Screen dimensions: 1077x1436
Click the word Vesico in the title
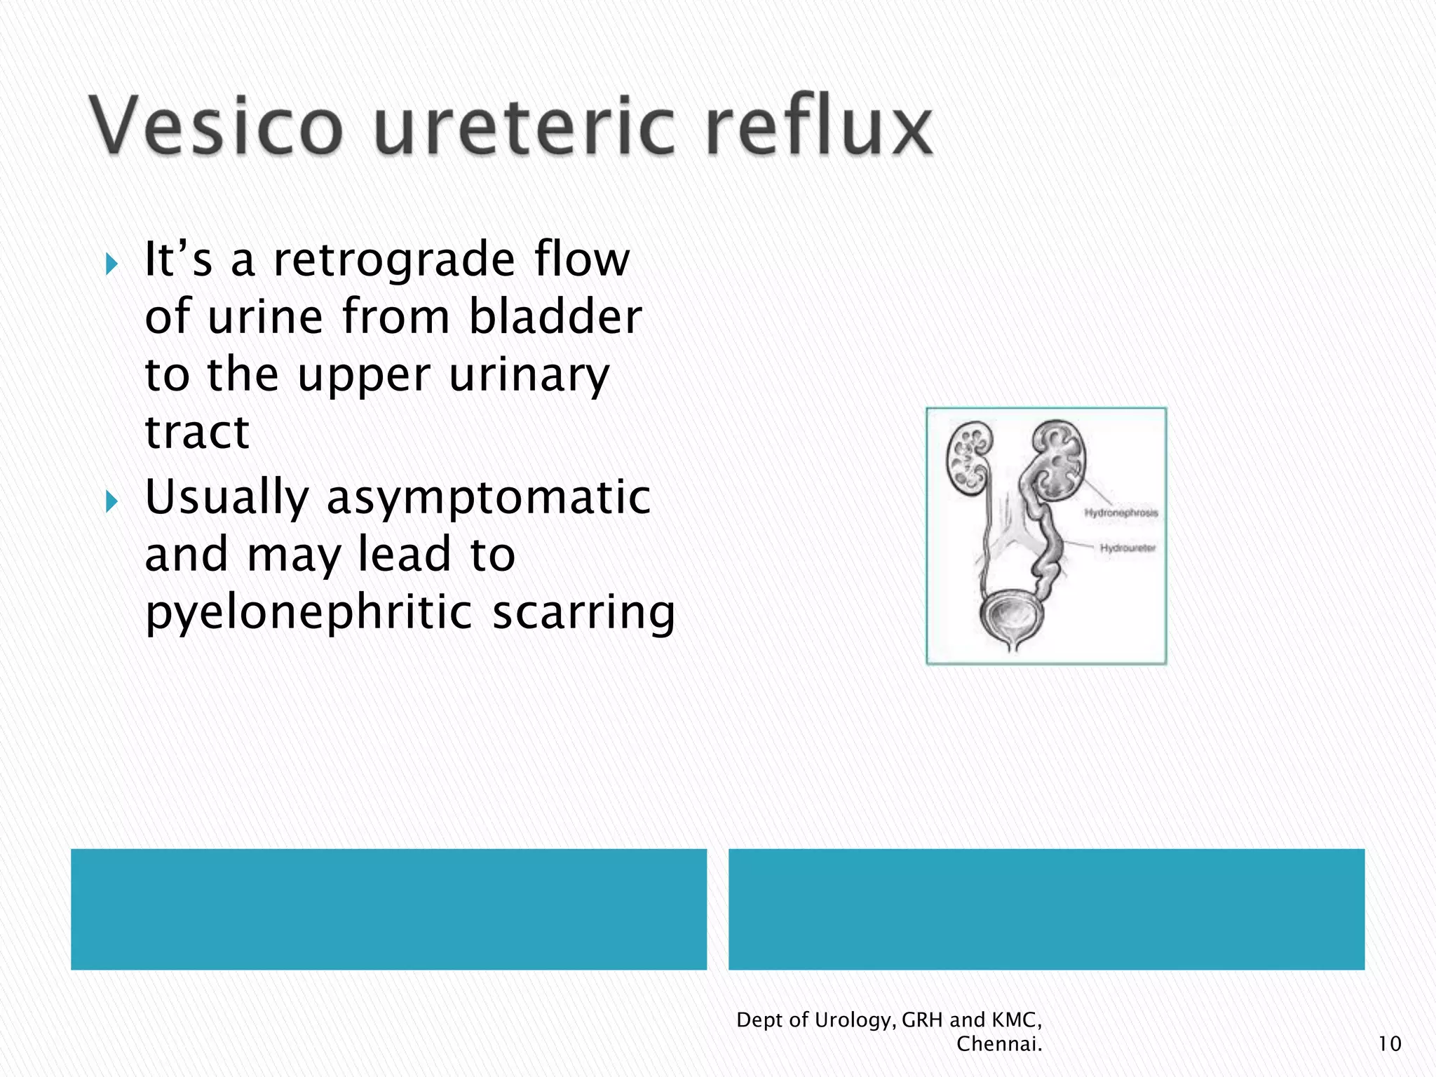tap(216, 126)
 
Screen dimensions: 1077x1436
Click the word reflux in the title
tap(819, 126)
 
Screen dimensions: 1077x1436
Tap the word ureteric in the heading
tap(524, 126)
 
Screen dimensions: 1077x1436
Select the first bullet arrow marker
tap(111, 264)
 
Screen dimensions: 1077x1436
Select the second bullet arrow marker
tap(111, 501)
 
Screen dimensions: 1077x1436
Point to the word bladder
tap(555, 317)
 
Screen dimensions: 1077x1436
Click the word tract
tap(197, 432)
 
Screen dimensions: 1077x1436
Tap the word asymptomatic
tap(489, 497)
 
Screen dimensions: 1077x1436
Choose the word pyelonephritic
tap(309, 613)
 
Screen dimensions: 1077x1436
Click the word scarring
tap(583, 613)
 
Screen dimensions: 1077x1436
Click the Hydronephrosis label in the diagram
tap(1120, 513)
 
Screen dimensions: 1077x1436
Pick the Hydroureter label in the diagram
tap(1127, 548)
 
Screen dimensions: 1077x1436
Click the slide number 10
tap(1389, 1044)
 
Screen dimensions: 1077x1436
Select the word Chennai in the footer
tap(998, 1044)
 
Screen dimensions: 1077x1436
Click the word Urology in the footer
tap(855, 1020)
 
